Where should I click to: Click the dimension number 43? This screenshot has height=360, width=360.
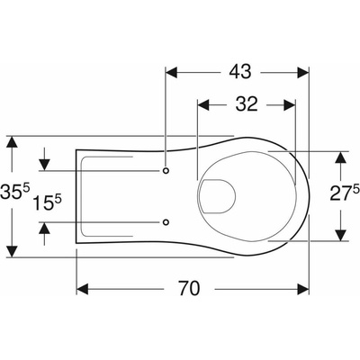240,72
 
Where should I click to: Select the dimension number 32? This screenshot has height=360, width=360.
247,104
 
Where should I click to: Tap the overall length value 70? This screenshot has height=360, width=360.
189,288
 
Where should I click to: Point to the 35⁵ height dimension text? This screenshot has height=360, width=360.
15,192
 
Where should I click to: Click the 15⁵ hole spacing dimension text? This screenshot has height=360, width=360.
47,202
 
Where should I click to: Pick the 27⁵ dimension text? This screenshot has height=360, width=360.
345,193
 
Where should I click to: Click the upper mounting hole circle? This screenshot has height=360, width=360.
166,170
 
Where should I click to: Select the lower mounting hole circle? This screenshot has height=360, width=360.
166,222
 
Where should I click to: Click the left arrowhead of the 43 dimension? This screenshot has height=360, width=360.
172,73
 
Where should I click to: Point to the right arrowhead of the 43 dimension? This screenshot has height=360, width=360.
303,73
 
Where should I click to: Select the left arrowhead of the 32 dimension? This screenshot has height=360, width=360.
202,105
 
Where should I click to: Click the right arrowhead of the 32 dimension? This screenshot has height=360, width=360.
290,105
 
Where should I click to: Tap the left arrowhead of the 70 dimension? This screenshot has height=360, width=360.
83,289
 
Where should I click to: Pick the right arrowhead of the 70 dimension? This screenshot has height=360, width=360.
303,289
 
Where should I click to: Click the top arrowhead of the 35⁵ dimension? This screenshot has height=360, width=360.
12,142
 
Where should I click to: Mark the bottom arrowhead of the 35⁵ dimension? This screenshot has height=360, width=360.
12,251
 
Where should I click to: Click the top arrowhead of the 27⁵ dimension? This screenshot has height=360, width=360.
340,157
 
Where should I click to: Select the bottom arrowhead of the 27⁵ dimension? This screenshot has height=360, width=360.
340,235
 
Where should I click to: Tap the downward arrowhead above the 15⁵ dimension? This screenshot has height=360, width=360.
44,165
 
